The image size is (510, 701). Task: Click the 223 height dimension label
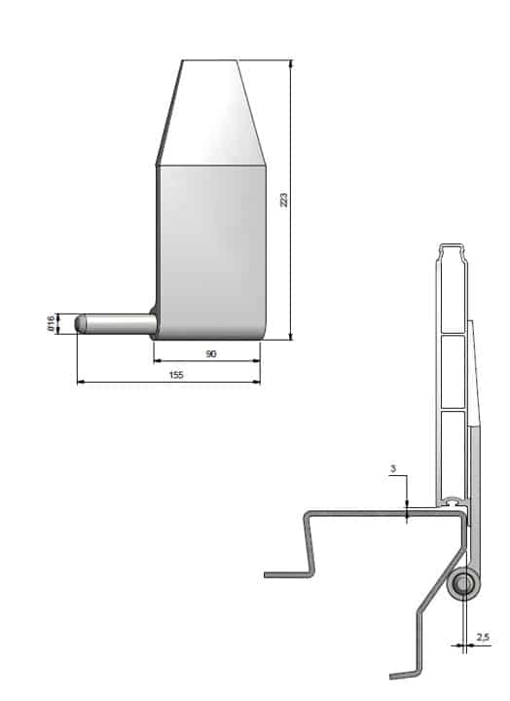point(284,200)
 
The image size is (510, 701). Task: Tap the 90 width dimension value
point(211,354)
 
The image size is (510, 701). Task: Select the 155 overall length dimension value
point(176,375)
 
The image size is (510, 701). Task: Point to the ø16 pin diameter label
point(51,323)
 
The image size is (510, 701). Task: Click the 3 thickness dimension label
point(393,469)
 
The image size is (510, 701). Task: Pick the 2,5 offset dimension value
point(483,637)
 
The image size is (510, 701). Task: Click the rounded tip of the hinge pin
point(80,323)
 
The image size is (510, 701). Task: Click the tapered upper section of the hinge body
point(211,113)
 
